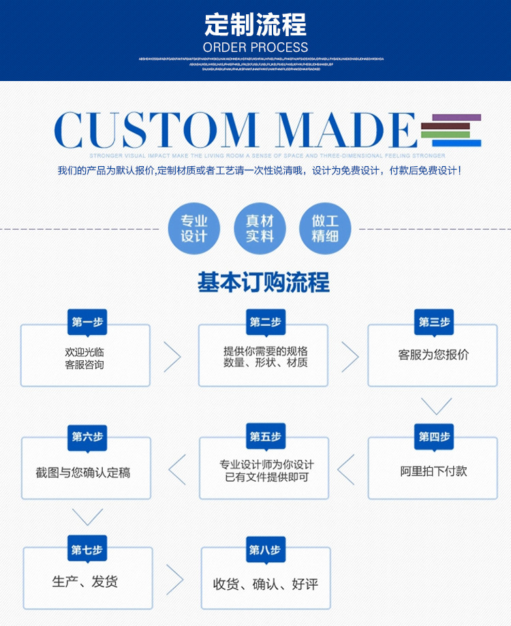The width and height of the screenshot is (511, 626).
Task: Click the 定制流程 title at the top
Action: point(255,25)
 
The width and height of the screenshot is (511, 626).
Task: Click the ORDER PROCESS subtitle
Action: point(255,48)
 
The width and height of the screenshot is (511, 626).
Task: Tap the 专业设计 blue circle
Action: point(193,228)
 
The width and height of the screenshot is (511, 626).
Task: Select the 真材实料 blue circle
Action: point(260,228)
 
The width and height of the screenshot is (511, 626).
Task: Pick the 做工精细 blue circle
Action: point(325,228)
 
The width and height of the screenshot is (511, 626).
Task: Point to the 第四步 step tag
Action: point(434,437)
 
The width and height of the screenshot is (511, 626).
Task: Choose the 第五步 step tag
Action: point(265,437)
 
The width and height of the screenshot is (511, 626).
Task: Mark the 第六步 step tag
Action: point(87,437)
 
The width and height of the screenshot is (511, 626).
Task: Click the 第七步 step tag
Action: point(87,550)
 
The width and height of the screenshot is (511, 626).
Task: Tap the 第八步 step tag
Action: point(265,550)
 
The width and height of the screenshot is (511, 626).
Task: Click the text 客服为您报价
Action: point(433,355)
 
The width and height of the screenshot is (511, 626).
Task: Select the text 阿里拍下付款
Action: point(433,471)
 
